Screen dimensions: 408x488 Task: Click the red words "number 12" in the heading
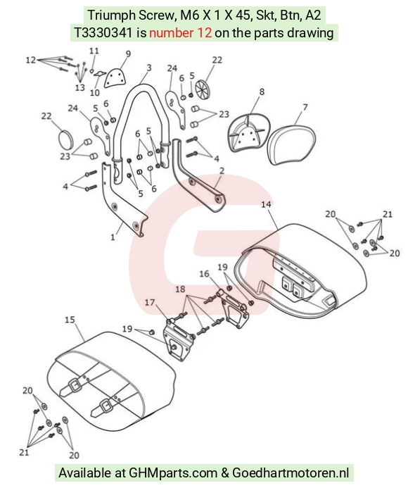pos(180,32)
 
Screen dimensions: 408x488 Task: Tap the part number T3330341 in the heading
pos(103,32)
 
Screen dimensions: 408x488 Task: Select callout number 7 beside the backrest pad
pos(305,107)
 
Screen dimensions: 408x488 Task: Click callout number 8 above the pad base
pos(262,92)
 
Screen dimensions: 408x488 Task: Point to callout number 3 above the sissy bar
pos(149,68)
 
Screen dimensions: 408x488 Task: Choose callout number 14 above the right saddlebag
pos(266,204)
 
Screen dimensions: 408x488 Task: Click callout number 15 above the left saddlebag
pos(70,320)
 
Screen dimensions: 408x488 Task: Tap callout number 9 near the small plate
pos(128,54)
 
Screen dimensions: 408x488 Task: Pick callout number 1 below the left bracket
pos(113,237)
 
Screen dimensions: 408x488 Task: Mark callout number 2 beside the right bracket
pos(222,170)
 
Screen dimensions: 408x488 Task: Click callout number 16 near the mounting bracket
pos(204,273)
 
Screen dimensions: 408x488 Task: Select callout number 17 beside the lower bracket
pos(150,302)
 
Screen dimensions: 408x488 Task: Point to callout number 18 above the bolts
pos(180,289)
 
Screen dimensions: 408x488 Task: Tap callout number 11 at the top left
pos(94,51)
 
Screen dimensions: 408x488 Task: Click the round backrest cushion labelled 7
pos(291,144)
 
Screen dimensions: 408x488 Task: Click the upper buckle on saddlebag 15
pos(75,386)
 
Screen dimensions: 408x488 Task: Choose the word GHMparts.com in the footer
pos(173,473)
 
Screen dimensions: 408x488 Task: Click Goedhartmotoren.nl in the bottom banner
pos(291,473)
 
